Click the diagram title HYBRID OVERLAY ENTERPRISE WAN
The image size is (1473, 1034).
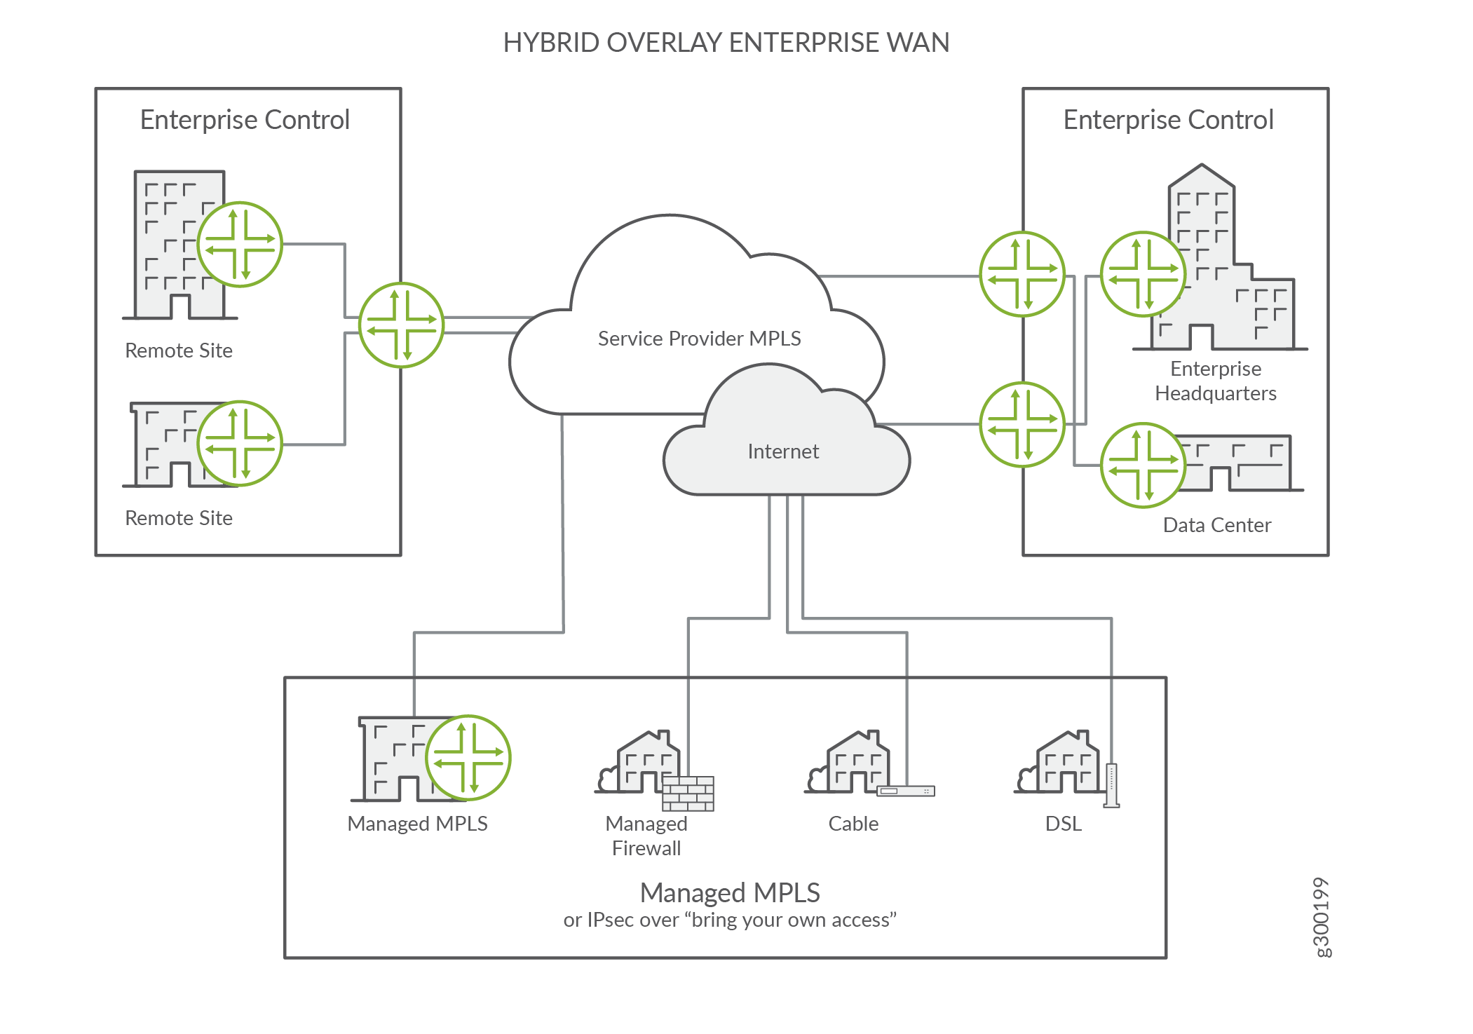pyautogui.click(x=726, y=43)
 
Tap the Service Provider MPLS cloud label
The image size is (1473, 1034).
pyautogui.click(x=699, y=339)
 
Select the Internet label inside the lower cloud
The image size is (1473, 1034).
pyautogui.click(x=782, y=451)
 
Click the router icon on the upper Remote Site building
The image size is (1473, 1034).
pyautogui.click(x=240, y=245)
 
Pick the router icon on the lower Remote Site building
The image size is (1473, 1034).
pyautogui.click(x=240, y=443)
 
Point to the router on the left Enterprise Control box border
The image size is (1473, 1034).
pyautogui.click(x=401, y=325)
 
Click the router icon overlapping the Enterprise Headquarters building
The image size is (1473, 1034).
pyautogui.click(x=1143, y=274)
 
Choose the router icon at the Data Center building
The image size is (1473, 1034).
pyautogui.click(x=1143, y=465)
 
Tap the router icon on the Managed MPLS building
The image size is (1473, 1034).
pyautogui.click(x=468, y=758)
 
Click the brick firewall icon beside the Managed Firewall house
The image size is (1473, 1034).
pyautogui.click(x=688, y=793)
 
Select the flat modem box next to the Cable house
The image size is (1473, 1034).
pyautogui.click(x=906, y=791)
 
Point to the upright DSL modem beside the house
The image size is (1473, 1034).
pyautogui.click(x=1111, y=785)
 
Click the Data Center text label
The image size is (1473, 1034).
pyautogui.click(x=1216, y=525)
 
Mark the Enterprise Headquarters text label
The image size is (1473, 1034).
pyautogui.click(x=1215, y=381)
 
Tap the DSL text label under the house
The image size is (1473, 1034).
pyautogui.click(x=1063, y=824)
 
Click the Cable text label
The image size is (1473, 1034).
pyautogui.click(x=853, y=824)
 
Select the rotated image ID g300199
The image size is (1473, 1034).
pyautogui.click(x=1321, y=917)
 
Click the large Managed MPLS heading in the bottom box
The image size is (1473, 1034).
pyautogui.click(x=729, y=892)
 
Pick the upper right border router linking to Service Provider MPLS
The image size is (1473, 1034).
pyautogui.click(x=1021, y=274)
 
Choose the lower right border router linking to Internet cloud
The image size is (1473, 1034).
pyautogui.click(x=1021, y=424)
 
